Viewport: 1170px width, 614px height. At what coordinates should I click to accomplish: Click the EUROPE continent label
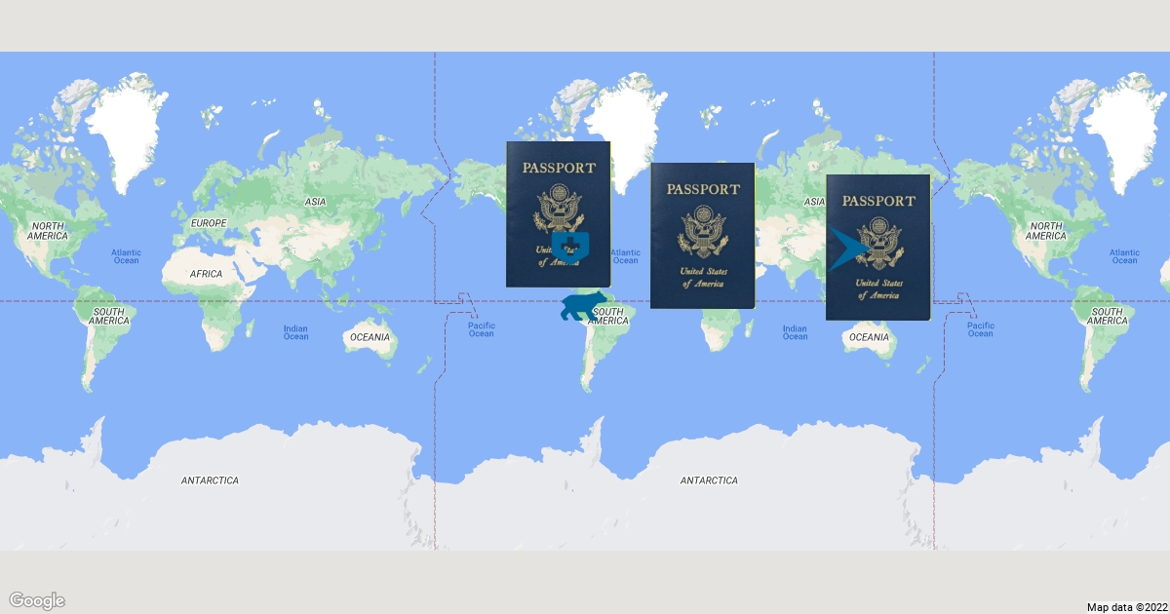208,223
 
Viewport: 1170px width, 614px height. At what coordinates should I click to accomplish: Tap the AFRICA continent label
207,274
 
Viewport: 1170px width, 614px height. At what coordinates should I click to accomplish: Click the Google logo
37,599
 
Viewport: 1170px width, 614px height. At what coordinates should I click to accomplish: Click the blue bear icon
584,306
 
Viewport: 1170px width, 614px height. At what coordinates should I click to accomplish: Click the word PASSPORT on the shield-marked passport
558,167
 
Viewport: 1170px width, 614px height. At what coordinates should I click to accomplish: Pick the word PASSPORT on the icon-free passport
702,189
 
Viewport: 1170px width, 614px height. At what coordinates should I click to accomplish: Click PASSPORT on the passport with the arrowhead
878,201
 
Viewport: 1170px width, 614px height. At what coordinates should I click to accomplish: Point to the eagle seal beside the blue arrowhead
880,244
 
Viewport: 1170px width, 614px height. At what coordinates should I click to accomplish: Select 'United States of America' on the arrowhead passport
877,288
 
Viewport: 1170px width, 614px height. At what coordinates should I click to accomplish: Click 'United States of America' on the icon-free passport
702,277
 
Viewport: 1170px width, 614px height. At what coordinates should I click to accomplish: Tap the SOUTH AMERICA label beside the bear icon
607,316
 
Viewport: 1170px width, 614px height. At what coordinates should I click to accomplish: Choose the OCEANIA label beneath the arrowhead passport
869,337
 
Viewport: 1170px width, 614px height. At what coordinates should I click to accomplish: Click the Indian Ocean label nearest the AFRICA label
295,332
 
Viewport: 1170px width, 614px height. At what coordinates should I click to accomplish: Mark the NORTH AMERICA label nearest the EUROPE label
47,231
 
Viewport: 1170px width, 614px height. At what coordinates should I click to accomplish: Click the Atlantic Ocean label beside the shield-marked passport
625,256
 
